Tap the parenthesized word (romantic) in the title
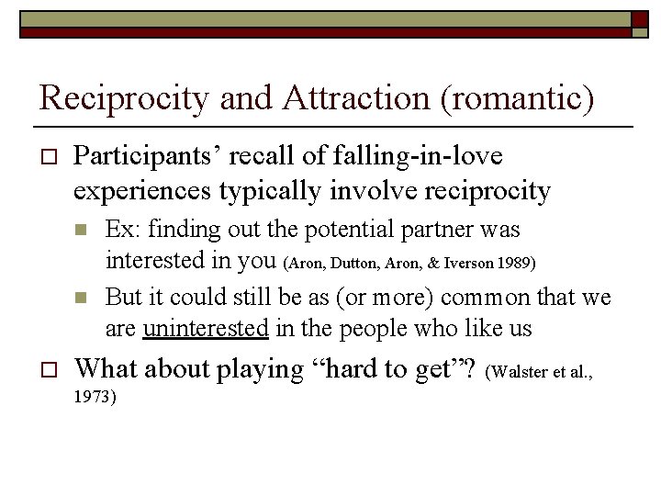pyautogui.click(x=518, y=98)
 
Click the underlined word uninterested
pyautogui.click(x=206, y=327)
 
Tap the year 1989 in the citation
pyautogui.click(x=516, y=264)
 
